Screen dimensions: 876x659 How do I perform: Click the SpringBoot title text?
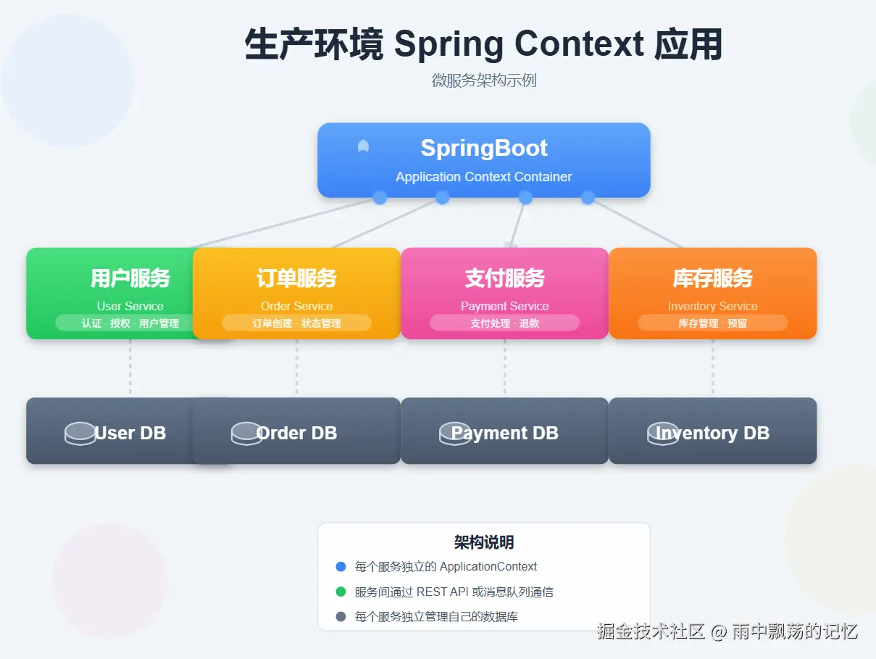coord(484,148)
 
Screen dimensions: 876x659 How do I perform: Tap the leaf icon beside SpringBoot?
coord(364,146)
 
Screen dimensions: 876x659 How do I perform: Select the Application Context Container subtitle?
coord(484,177)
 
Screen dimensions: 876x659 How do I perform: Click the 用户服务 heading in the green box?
coord(130,278)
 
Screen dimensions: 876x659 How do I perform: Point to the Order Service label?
coord(296,306)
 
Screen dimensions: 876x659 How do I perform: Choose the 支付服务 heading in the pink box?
coord(504,278)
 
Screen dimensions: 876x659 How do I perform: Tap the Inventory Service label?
coord(712,306)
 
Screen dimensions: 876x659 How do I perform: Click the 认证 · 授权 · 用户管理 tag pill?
coord(130,323)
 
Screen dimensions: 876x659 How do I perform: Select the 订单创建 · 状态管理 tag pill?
coord(296,323)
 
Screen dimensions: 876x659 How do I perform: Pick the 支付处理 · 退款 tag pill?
coord(504,323)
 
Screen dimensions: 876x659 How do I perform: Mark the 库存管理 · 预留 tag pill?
coord(712,323)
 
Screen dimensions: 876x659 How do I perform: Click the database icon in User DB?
coord(80,434)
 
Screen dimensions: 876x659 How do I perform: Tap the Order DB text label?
coord(297,434)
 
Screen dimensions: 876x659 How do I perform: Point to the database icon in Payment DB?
coord(454,434)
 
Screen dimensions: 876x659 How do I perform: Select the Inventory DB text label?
coord(712,434)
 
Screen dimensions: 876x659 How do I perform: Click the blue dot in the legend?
coord(341,567)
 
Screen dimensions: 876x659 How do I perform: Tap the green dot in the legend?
coord(341,592)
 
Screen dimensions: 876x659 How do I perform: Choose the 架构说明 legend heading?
coord(484,542)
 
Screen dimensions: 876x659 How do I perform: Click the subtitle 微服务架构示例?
coord(484,80)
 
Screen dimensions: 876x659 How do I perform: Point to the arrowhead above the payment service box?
coord(512,242)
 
